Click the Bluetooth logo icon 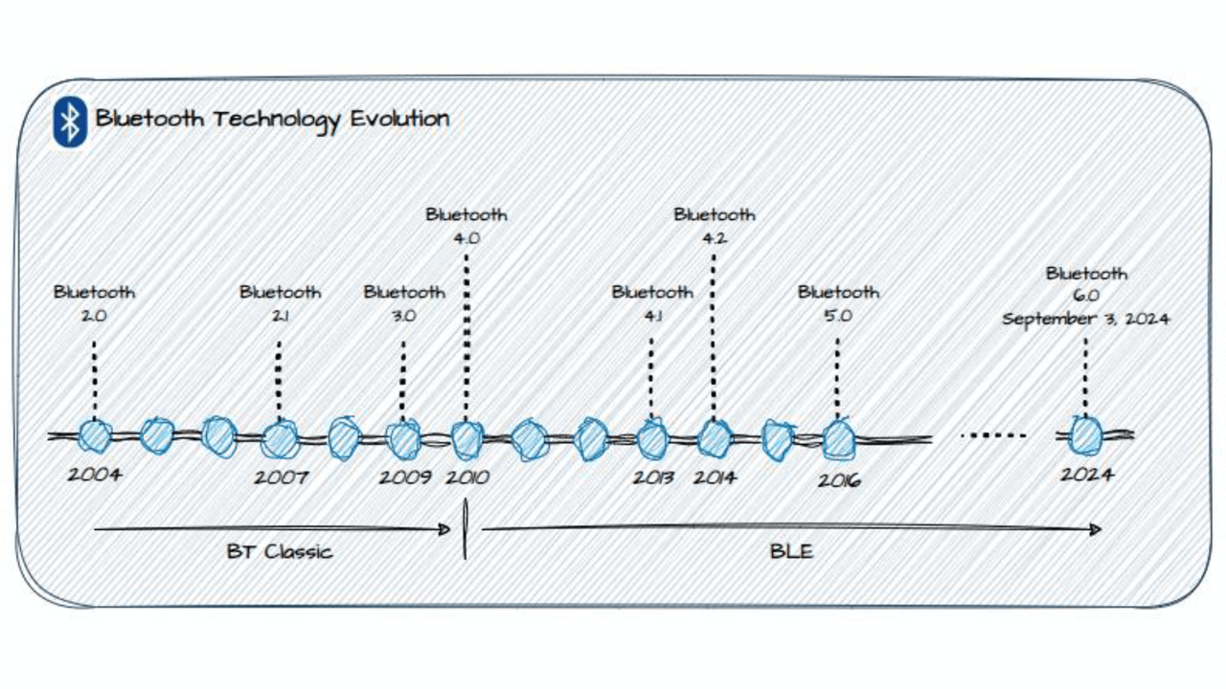point(70,122)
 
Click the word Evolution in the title point(399,120)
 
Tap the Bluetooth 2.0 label point(94,302)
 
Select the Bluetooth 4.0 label point(466,226)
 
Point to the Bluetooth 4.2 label point(714,226)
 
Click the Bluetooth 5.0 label point(838,302)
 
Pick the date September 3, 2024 point(1085,320)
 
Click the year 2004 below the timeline point(94,474)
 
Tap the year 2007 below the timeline point(281,477)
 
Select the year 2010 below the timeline point(467,477)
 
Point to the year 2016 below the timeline point(838,478)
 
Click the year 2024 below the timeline point(1085,474)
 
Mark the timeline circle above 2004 point(95,436)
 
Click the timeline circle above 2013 point(652,439)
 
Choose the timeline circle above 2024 point(1085,436)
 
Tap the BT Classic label point(279,551)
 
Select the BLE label point(791,551)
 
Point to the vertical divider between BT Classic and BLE point(466,531)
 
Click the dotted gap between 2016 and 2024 point(993,436)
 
